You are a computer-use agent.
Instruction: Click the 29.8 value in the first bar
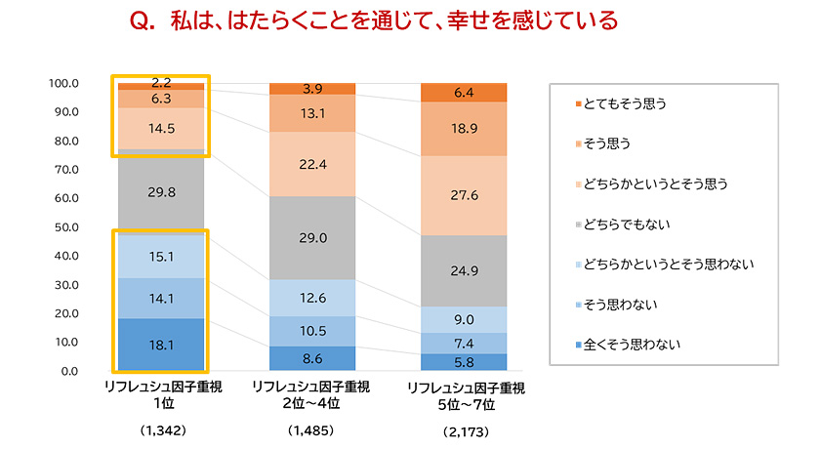coord(162,192)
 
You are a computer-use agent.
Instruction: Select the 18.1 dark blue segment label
coord(162,346)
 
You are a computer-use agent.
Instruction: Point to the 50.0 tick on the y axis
coord(66,227)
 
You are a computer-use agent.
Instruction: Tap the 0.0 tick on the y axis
coord(70,372)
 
